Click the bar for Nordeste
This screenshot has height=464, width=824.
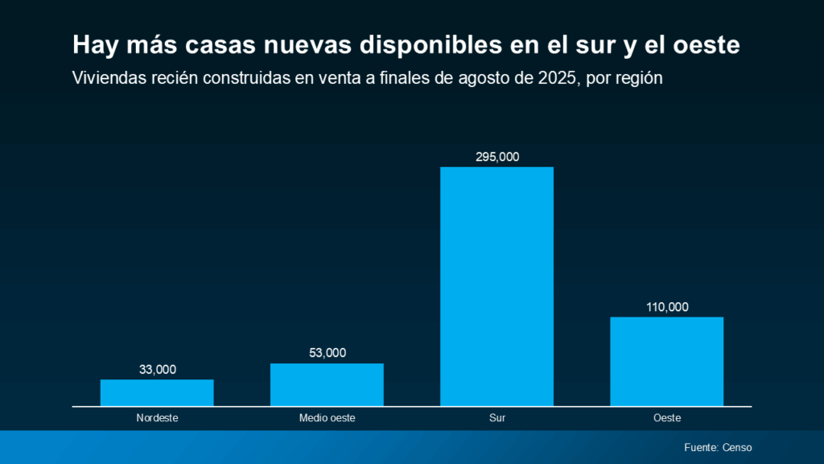click(x=157, y=392)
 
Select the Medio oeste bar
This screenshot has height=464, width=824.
click(x=327, y=384)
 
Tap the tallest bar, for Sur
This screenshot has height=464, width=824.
click(x=496, y=286)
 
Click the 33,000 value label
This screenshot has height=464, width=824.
click(x=157, y=370)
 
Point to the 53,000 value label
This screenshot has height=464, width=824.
click(x=327, y=353)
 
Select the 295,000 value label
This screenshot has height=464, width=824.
click(x=496, y=157)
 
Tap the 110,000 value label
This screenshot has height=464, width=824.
click(x=666, y=307)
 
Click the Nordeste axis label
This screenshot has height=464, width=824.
click(x=157, y=418)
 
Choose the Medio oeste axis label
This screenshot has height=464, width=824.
click(x=327, y=418)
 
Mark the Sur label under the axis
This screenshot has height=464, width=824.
click(x=496, y=418)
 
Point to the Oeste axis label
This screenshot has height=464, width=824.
click(x=667, y=418)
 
